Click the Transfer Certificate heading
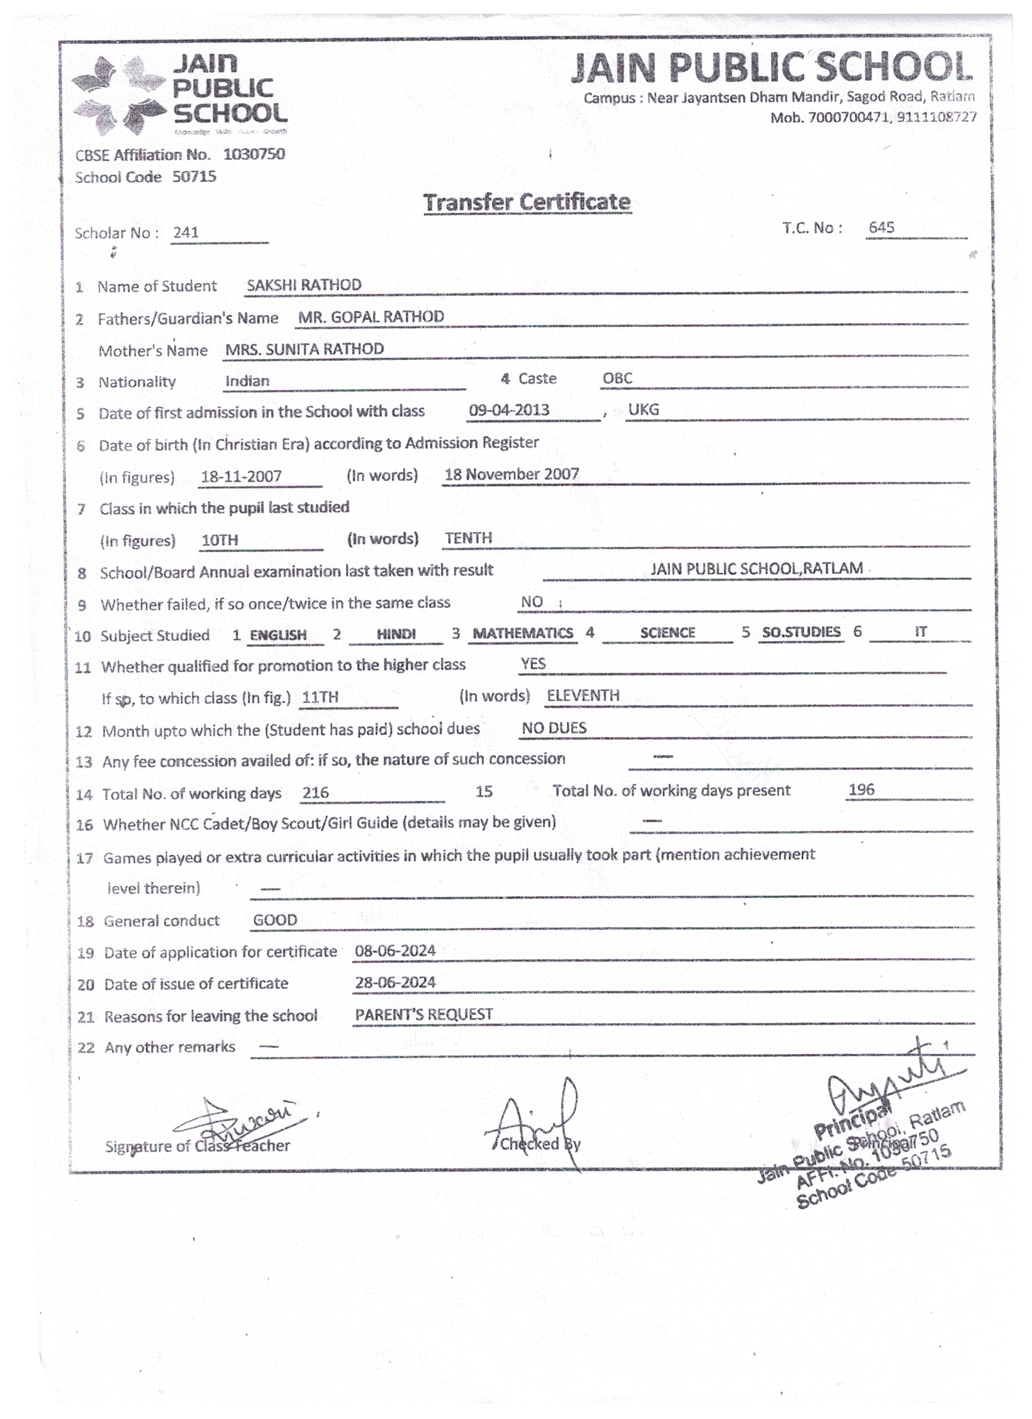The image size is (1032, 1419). [x=526, y=202]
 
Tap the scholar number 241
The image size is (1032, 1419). [x=186, y=232]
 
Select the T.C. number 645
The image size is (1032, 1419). [x=881, y=227]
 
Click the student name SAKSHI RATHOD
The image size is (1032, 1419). [x=304, y=284]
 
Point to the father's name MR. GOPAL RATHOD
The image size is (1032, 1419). [x=371, y=317]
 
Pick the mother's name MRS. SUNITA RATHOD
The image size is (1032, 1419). [x=304, y=349]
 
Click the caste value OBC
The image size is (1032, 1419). [x=617, y=378]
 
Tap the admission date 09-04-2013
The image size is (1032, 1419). [x=509, y=410]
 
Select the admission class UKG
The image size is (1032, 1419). [x=643, y=410]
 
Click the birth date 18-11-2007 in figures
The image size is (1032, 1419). [x=241, y=477]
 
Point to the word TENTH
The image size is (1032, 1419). [x=468, y=538]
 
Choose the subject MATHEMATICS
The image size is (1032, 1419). [x=522, y=633]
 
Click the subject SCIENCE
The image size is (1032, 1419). [x=668, y=633]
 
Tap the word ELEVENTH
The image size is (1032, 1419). [x=583, y=695]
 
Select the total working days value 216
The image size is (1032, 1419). [x=315, y=793]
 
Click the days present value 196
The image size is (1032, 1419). [x=861, y=789]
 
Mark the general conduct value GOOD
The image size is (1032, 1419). [x=275, y=920]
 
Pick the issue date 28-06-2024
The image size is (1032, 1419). [x=395, y=982]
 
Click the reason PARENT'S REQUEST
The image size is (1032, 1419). [x=424, y=1015]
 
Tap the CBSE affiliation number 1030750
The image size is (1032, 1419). [x=254, y=154]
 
